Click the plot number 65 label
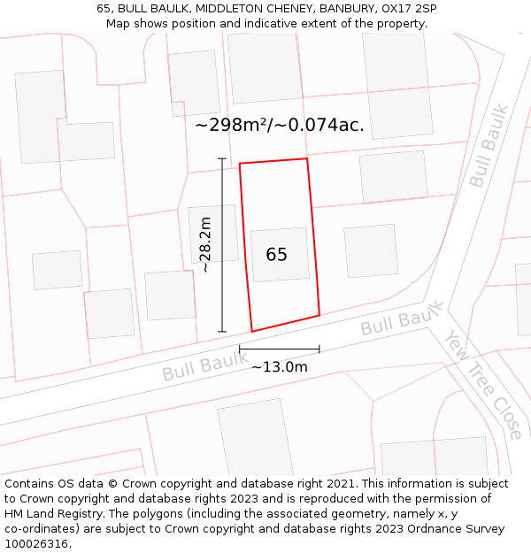[277, 255]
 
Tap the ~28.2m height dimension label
[205, 244]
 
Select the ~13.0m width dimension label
[280, 367]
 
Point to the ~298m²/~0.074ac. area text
[280, 126]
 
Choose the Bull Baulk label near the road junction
[401, 319]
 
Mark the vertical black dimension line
[222, 245]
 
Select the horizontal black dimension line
[280, 349]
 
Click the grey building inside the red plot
[281, 255]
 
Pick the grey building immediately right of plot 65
[371, 250]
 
